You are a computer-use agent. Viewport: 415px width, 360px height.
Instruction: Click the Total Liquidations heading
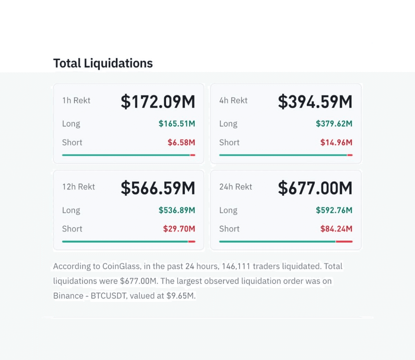point(103,63)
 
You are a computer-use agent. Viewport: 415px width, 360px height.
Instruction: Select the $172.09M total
point(158,102)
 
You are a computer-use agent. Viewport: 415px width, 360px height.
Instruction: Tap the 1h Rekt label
point(76,100)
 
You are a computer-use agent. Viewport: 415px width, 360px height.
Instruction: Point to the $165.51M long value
point(177,124)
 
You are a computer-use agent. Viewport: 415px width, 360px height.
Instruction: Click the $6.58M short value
point(182,142)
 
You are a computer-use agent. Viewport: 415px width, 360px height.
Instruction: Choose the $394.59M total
point(315,102)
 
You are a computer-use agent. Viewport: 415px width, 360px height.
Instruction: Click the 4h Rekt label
point(233,100)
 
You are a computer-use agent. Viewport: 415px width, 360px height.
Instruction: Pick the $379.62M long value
point(334,124)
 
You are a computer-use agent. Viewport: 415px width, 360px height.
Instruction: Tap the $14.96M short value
point(336,142)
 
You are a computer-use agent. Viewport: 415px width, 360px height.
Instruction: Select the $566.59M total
point(158,188)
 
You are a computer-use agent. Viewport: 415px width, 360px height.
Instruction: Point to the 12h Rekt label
point(79,187)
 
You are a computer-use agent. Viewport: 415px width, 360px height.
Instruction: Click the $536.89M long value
point(177,210)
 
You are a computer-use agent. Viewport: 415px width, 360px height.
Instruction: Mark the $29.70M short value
point(179,229)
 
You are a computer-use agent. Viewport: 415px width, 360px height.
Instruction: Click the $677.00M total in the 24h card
point(315,188)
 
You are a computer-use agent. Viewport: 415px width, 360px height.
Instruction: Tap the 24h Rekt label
point(236,187)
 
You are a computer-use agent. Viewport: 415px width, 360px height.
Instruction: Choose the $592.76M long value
point(334,210)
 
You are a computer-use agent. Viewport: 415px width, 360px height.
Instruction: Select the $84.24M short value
point(336,229)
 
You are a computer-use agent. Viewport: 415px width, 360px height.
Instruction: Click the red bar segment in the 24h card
point(344,242)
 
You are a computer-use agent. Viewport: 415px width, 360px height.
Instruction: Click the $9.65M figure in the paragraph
point(181,296)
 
